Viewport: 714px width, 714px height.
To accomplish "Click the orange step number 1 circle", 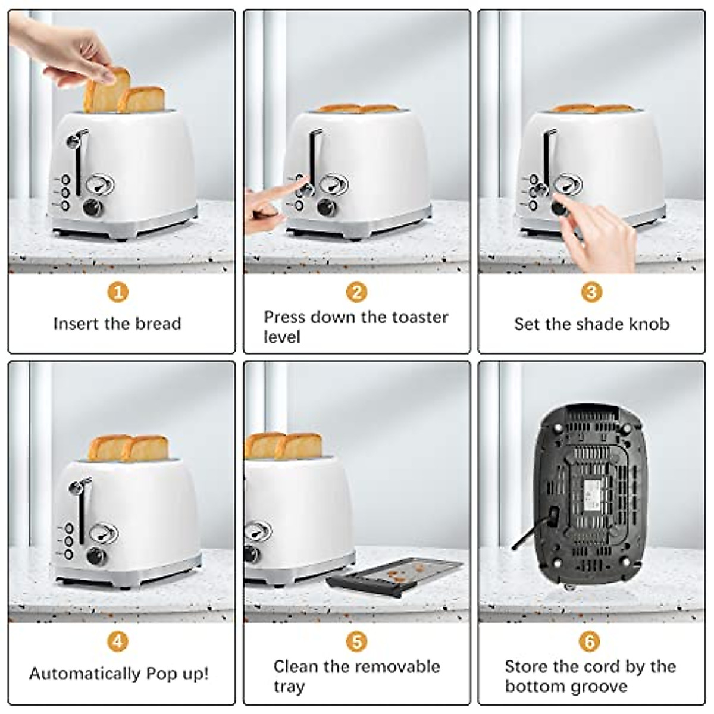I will click(x=118, y=292).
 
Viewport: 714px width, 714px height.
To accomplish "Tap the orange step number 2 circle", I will click(x=356, y=292).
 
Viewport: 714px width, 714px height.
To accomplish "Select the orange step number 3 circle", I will click(x=591, y=292).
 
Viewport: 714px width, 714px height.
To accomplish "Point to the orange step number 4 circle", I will click(x=118, y=641).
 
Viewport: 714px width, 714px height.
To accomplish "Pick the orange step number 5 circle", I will click(x=356, y=641).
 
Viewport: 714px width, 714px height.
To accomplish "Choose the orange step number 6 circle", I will click(x=590, y=641).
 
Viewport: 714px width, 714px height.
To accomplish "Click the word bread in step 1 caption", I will click(x=158, y=324).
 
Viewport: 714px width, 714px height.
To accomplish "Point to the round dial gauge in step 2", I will click(x=331, y=184).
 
